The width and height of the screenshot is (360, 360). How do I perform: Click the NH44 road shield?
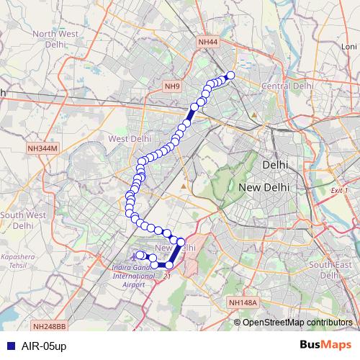tap(207, 42)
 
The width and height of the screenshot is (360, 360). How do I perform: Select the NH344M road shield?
tap(42, 148)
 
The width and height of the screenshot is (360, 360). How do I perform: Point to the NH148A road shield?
tap(241, 303)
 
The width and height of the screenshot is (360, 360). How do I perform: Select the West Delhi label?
tap(129, 138)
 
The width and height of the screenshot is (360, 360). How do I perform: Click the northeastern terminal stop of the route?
tap(231, 75)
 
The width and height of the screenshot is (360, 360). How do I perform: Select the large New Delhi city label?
tap(264, 186)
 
